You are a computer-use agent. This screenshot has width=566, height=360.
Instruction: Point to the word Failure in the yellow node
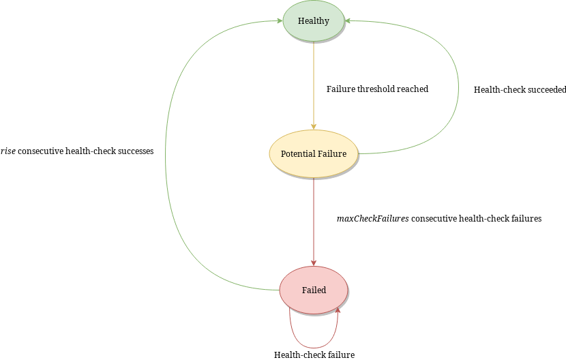331,154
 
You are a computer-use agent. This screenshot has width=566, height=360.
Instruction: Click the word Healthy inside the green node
314,21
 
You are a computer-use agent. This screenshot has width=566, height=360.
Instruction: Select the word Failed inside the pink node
314,290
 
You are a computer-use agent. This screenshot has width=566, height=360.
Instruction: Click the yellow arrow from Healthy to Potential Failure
314,82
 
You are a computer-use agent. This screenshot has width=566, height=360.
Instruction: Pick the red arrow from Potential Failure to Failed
314,218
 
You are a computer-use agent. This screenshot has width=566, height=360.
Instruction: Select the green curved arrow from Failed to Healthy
166,157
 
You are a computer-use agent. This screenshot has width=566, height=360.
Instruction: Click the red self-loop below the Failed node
314,347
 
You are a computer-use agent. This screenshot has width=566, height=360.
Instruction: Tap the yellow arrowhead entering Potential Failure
314,126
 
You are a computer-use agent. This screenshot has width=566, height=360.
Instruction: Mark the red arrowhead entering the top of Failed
314,262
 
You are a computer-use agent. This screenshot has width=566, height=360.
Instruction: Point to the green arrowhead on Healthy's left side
280,21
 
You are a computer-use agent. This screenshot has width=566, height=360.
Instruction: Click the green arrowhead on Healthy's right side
348,21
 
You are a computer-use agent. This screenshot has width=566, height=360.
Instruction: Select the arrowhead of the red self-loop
338,311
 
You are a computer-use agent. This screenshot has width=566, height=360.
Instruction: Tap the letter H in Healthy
301,21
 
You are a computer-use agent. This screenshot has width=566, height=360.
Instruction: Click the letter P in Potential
284,154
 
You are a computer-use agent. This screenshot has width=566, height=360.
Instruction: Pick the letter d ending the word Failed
324,290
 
